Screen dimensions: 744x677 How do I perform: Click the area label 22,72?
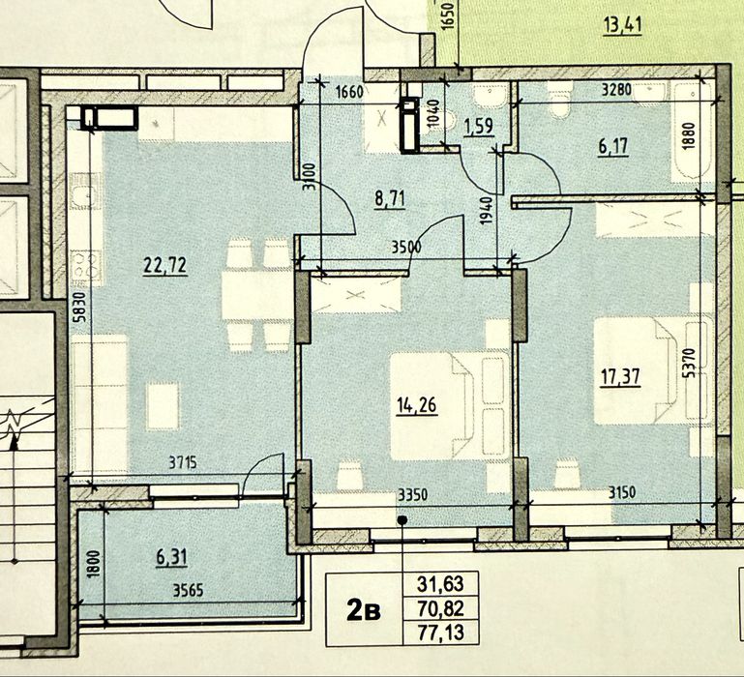coord(165,265)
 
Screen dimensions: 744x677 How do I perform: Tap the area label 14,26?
coord(417,406)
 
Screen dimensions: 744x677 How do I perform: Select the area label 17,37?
coord(620,377)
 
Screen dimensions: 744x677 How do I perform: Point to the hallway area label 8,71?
coord(390,199)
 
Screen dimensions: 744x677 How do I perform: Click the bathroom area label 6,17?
coord(613,147)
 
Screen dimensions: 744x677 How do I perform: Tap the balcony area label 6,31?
coord(171,557)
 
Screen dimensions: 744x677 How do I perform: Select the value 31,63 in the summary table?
coord(440,584)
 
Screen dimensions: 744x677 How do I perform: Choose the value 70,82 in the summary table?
coord(440,608)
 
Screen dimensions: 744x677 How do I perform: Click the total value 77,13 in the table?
coord(440,633)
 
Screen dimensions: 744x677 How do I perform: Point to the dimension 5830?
coord(80,308)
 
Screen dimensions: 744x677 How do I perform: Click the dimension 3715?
coord(183,462)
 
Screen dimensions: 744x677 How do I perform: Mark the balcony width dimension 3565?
coord(189,590)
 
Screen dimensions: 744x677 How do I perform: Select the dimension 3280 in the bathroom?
coord(616,90)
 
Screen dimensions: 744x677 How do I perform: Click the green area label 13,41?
coord(622,25)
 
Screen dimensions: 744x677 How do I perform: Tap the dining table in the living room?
coord(256,294)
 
